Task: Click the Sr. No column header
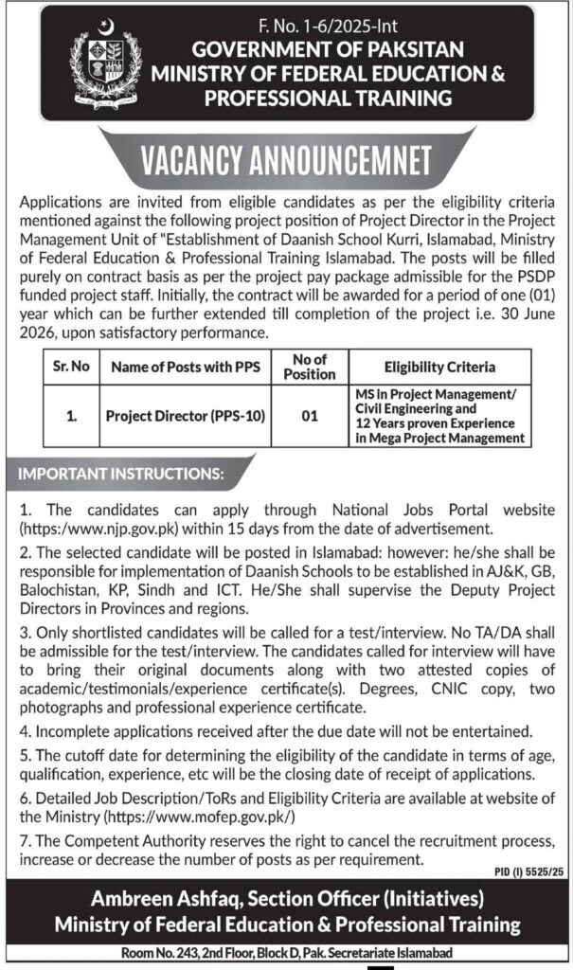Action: coord(70,366)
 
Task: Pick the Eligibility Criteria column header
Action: coord(439,367)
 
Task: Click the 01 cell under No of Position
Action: coord(310,414)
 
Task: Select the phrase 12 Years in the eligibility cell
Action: coord(382,422)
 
